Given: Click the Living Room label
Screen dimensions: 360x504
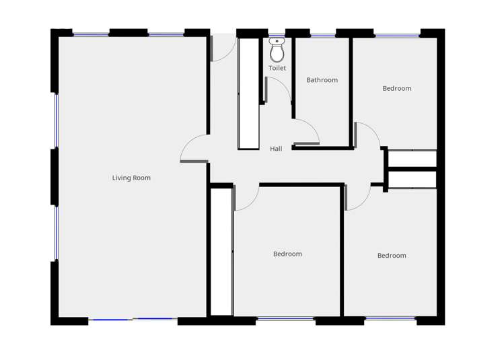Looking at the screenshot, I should tap(131, 178).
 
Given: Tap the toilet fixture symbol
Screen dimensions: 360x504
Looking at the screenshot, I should tap(277, 50).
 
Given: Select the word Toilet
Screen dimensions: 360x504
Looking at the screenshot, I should tap(277, 68).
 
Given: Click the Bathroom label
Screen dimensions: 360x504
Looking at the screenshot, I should tap(322, 80).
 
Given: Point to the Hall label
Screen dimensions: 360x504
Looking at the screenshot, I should tap(276, 149).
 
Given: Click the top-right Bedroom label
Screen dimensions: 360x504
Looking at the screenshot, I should tap(396, 88).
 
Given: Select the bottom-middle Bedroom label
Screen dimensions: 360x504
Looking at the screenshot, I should tap(287, 254).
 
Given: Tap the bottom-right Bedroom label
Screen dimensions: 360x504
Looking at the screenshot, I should tap(392, 256).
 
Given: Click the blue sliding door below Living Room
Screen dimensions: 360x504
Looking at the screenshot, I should tap(133, 320).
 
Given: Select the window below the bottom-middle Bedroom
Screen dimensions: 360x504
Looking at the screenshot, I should tap(285, 319).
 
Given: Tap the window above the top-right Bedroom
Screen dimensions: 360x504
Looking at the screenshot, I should tap(397, 35).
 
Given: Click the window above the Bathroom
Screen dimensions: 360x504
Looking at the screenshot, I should tap(322, 35).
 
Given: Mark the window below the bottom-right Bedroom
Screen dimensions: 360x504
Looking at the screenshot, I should tap(390, 318).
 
